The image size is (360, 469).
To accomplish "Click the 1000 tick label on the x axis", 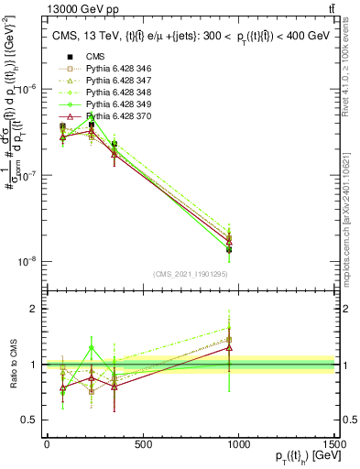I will pos(239,445).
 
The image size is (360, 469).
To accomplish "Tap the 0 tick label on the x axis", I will pos(47,445).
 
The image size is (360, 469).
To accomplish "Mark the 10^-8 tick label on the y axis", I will pos(26,261).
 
